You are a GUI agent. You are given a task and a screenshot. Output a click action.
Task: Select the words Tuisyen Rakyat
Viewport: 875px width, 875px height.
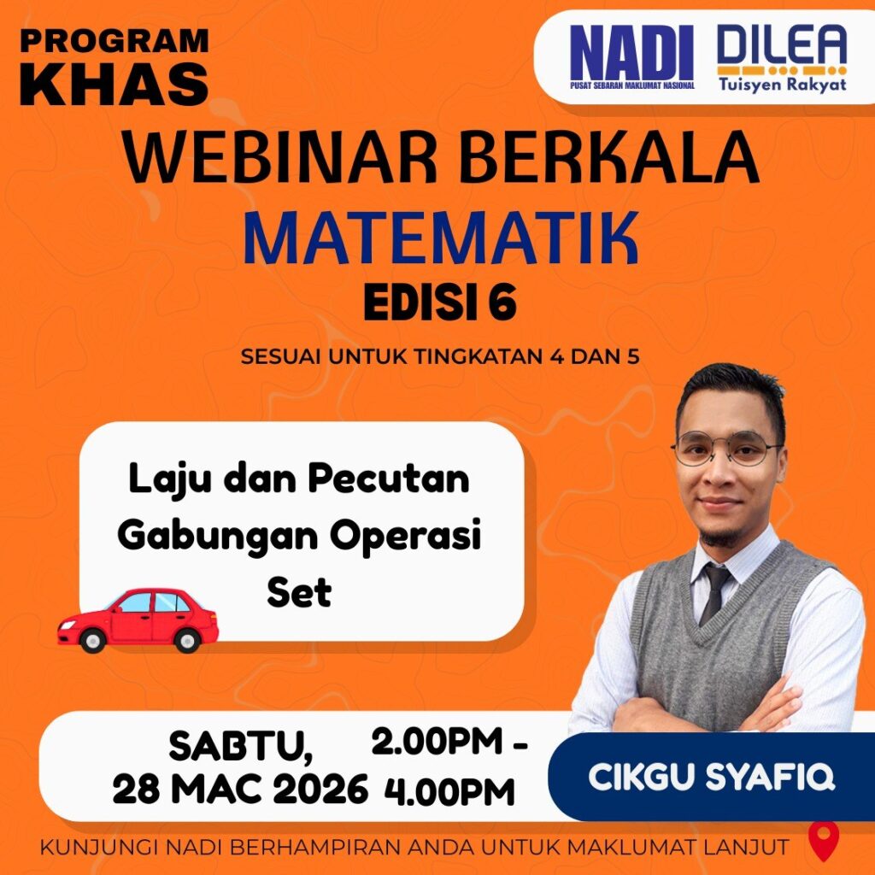point(783,84)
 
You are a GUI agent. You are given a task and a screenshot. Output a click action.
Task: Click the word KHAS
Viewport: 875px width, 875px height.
point(114,83)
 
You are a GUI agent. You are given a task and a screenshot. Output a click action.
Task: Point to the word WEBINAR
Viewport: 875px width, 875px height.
point(280,157)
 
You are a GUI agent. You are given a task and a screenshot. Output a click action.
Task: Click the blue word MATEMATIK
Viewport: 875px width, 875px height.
point(440,238)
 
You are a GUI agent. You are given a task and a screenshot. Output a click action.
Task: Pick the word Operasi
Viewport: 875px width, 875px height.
point(405,535)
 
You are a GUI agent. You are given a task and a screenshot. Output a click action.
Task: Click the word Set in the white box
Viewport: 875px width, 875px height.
point(299,592)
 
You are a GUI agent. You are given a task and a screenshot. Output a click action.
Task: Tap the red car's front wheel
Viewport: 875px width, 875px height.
point(92,639)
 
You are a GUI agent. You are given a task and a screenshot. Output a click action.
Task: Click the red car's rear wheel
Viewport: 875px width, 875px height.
point(187,639)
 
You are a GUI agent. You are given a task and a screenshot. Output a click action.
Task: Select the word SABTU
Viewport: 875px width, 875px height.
point(240,746)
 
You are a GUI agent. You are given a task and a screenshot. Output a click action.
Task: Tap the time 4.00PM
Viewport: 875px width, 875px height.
point(449,792)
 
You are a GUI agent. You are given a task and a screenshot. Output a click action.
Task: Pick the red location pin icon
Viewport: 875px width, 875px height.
point(824,840)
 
